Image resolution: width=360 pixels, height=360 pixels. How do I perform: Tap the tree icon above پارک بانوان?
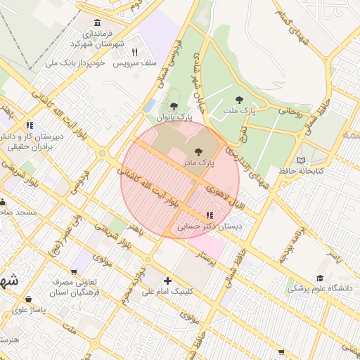click(174, 106)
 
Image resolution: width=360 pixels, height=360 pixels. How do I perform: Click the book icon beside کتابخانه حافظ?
click(302, 160)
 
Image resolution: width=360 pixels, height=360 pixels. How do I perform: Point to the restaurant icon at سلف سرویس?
click(134, 52)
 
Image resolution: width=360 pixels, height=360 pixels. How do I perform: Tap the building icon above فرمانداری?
click(96, 22)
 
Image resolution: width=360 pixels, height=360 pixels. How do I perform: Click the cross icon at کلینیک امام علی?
click(167, 281)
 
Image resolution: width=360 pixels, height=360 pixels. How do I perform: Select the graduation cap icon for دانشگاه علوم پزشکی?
click(320, 278)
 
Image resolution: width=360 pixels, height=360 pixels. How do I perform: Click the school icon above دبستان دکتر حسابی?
click(209, 215)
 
